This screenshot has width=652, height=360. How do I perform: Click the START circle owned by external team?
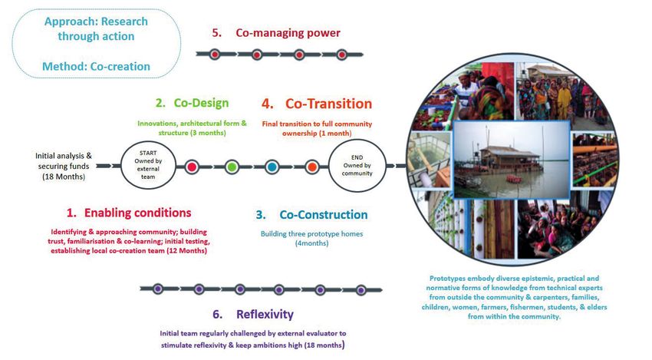click(148, 165)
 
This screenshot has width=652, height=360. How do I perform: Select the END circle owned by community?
click(357, 165)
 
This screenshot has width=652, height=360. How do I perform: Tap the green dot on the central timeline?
click(232, 167)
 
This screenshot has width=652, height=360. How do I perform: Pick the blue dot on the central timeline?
click(272, 167)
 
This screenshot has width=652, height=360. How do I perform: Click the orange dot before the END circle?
click(312, 167)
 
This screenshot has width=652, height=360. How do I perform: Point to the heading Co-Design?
click(201, 103)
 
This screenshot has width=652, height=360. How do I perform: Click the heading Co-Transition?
click(328, 104)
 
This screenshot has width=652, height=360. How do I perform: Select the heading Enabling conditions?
click(137, 213)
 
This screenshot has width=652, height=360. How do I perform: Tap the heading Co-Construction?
click(324, 215)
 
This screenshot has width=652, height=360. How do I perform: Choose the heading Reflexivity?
click(265, 314)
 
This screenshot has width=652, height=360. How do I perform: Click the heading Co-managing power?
click(288, 33)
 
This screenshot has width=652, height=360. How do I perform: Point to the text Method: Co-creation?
click(96, 66)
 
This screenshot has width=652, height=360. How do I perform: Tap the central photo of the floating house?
click(512, 160)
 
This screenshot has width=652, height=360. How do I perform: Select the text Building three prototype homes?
click(312, 234)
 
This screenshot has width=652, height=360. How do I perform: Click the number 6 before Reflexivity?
click(217, 314)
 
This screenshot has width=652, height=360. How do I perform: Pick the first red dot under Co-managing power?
click(215, 54)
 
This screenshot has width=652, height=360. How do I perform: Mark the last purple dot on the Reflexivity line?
click(361, 289)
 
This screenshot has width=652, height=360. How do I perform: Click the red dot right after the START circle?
click(192, 167)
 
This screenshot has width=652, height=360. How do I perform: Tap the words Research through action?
click(96, 28)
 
